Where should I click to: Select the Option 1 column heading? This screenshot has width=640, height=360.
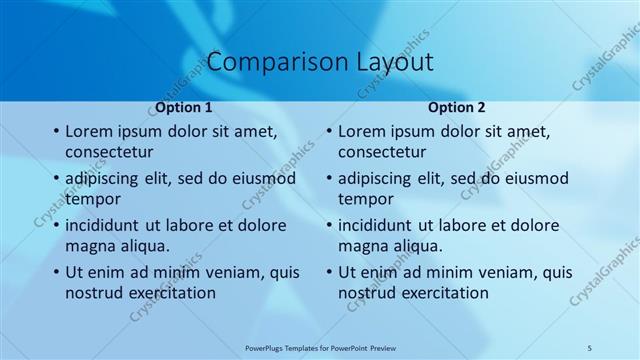(184, 107)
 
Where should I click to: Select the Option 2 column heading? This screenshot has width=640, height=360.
(457, 107)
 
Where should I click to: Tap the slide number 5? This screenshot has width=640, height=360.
(591, 347)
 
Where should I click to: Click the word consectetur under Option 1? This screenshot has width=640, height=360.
(109, 152)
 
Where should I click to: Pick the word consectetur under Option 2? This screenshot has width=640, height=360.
(382, 152)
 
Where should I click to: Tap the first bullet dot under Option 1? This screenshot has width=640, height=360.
(55, 132)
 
